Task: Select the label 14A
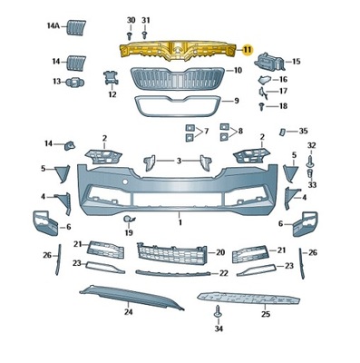coord(54,27)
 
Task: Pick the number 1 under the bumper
coord(180,221)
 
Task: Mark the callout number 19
coord(128,233)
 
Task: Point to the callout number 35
coord(303,132)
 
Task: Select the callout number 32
coord(311,145)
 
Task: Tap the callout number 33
coord(311,181)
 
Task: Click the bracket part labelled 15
coord(269,63)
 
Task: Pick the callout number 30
coord(130,20)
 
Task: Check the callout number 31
coord(146,20)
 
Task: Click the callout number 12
coord(112,94)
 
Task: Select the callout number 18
coord(282,106)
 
